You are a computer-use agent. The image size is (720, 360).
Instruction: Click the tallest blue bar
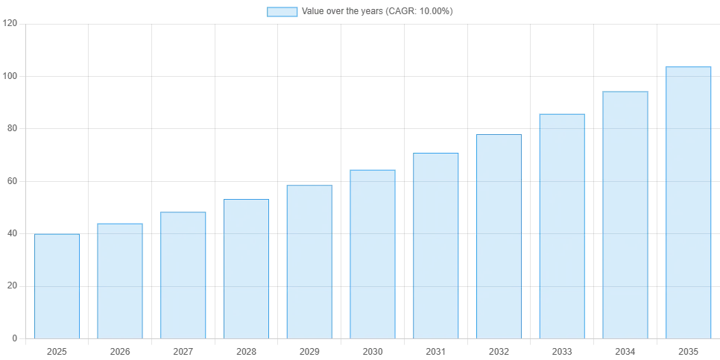pyautogui.click(x=688, y=201)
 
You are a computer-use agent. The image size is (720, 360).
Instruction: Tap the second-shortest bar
pyautogui.click(x=119, y=280)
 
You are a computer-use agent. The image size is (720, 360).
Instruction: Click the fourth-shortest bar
pyautogui.click(x=247, y=268)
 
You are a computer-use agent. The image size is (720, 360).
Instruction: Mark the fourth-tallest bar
pyautogui.click(x=499, y=235)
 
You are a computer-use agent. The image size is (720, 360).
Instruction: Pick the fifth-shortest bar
pyautogui.click(x=309, y=262)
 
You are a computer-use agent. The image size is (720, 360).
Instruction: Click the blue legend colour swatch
pyautogui.click(x=282, y=12)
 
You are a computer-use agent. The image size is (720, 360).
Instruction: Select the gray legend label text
pyautogui.click(x=376, y=12)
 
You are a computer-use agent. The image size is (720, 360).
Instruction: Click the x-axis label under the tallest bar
pyautogui.click(x=688, y=350)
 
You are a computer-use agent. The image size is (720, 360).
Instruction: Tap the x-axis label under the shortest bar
pyautogui.click(x=56, y=350)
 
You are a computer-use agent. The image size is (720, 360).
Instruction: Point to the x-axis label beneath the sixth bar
pyautogui.click(x=373, y=350)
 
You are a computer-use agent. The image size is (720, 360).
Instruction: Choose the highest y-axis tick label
pyautogui.click(x=9, y=24)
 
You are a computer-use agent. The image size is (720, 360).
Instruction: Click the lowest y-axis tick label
pyautogui.click(x=14, y=340)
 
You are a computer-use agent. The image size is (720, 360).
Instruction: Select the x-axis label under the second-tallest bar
pyautogui.click(x=625, y=350)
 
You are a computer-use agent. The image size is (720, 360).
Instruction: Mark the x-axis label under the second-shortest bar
pyautogui.click(x=119, y=350)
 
